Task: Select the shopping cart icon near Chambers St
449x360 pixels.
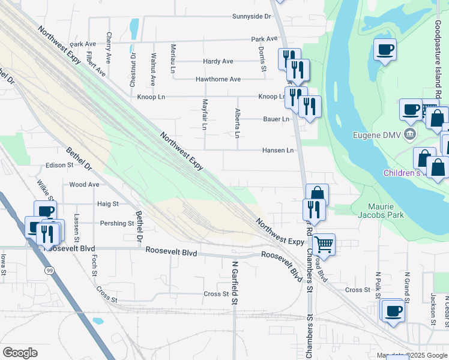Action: coord(324,244)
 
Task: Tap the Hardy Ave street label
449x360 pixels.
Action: coord(218,61)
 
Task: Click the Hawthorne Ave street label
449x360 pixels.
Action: coord(218,79)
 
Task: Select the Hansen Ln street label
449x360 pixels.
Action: coord(278,150)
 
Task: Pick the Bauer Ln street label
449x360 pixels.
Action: coord(276,119)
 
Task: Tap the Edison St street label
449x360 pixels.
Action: coord(59,166)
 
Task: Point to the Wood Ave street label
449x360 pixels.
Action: coord(84,185)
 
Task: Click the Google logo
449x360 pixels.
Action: coord(20,353)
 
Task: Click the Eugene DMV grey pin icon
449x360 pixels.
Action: coord(411,133)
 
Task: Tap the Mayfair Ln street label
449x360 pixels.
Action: coord(205,115)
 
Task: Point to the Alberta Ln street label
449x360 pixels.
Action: coord(237,124)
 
